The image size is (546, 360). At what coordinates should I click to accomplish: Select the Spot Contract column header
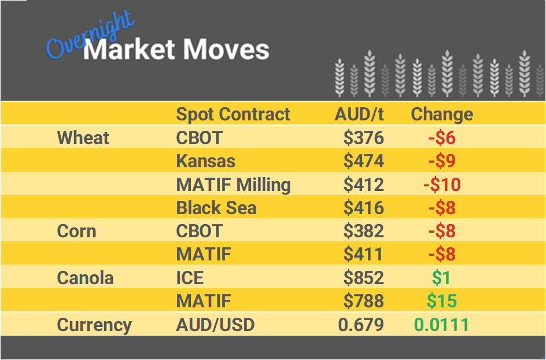pyautogui.click(x=233, y=114)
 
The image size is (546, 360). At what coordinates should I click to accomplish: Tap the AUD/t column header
pyautogui.click(x=359, y=114)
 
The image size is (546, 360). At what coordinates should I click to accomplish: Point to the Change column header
pyautogui.click(x=442, y=114)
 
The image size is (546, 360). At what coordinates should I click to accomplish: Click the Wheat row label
pyautogui.click(x=83, y=138)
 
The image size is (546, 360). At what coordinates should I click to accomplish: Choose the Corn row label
pyautogui.click(x=76, y=231)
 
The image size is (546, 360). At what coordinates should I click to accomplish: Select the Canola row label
pyautogui.click(x=86, y=278)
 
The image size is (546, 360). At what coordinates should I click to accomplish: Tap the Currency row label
pyautogui.click(x=94, y=325)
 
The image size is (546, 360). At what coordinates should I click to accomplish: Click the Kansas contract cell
pyautogui.click(x=205, y=161)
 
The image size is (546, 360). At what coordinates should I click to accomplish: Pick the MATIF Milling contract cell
pyautogui.click(x=233, y=185)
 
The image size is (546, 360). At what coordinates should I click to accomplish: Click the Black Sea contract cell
pyautogui.click(x=216, y=208)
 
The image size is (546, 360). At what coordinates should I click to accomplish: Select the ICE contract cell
pyautogui.click(x=190, y=278)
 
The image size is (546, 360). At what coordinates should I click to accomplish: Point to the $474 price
pyautogui.click(x=363, y=161)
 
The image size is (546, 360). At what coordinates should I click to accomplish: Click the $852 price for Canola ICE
pyautogui.click(x=363, y=278)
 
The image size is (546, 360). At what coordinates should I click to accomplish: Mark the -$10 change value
pyautogui.click(x=442, y=185)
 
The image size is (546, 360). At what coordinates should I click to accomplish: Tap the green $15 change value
pyautogui.click(x=442, y=301)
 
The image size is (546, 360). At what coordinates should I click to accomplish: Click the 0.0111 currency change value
pyautogui.click(x=442, y=325)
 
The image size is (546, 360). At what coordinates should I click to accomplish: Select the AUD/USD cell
pyautogui.click(x=215, y=325)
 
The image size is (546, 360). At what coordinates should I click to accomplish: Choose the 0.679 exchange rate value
pyautogui.click(x=361, y=325)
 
